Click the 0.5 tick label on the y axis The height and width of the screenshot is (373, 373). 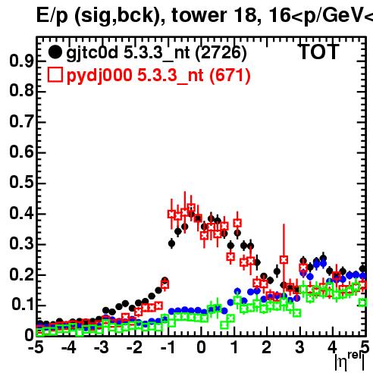(x=21, y=182)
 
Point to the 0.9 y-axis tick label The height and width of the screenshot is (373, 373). (x=21, y=61)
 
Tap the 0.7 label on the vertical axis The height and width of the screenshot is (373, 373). (x=21, y=121)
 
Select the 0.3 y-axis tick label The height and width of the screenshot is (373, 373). (x=21, y=243)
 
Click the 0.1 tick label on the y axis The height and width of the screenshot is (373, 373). (x=23, y=305)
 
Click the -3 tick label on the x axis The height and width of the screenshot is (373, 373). (x=102, y=348)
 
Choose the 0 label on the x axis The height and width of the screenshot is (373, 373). (x=201, y=348)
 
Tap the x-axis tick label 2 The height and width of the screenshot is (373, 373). (x=267, y=348)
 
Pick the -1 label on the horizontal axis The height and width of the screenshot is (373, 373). (x=168, y=348)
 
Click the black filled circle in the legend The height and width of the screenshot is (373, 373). (x=55, y=52)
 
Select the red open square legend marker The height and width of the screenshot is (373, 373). (x=55, y=75)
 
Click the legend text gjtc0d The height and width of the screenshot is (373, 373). (x=92, y=53)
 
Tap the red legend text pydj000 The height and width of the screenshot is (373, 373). (x=99, y=76)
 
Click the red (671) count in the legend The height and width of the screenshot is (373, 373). (x=230, y=76)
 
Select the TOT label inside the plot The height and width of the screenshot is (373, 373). (x=319, y=52)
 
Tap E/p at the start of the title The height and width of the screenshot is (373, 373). (x=52, y=16)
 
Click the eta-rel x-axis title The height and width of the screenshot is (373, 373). (x=349, y=362)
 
